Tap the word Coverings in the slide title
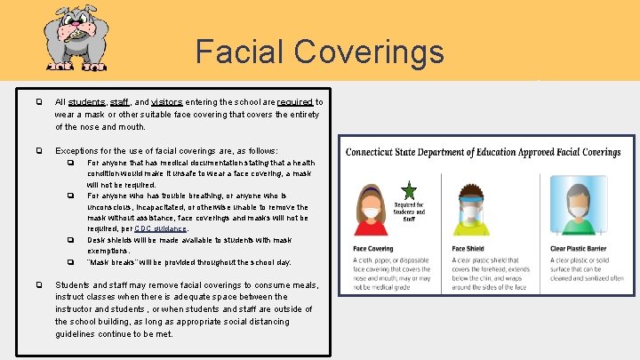coord(374,52)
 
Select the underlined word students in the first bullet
coord(86,102)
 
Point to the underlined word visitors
coord(167,102)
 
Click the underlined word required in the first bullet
coord(295,102)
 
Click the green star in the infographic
coord(409,191)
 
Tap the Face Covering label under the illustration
coord(373,249)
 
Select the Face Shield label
coord(468,249)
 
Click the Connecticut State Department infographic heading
coord(483,152)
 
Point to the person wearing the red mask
coord(371,209)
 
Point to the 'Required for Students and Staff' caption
coord(409,212)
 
